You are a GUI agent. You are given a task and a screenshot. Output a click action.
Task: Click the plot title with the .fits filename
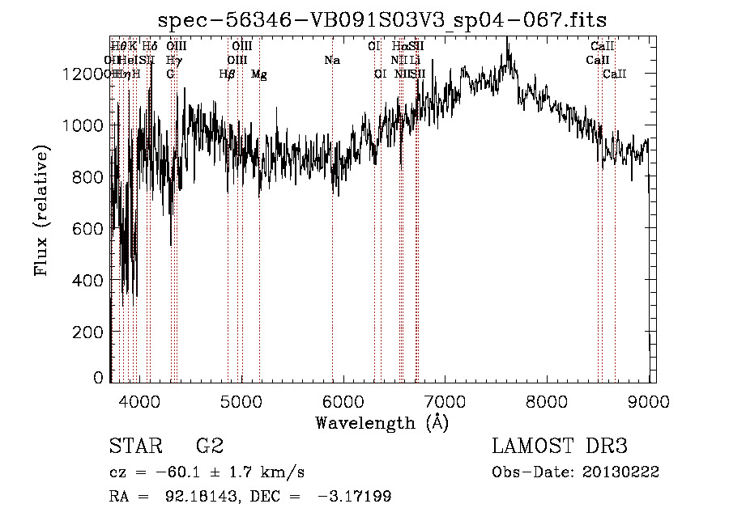pyautogui.click(x=382, y=19)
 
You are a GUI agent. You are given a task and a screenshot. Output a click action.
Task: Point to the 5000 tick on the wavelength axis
pyautogui.click(x=242, y=400)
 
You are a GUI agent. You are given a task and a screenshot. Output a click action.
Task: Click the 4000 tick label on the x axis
pyautogui.click(x=140, y=400)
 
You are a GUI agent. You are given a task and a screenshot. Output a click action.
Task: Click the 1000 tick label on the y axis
pyautogui.click(x=85, y=125)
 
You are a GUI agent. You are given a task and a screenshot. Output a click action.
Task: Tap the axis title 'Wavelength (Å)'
pyautogui.click(x=382, y=422)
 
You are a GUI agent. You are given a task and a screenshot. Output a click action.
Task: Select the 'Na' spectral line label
pyautogui.click(x=331, y=60)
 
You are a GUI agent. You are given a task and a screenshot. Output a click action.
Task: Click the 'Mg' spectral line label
pyautogui.click(x=259, y=74)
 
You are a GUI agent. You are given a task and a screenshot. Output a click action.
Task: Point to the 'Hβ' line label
pyautogui.click(x=228, y=74)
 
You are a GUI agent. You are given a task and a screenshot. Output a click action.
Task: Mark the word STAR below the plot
pyautogui.click(x=134, y=447)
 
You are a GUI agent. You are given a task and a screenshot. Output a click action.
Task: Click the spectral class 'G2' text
pyautogui.click(x=210, y=447)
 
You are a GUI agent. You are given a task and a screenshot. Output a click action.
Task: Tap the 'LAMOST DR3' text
pyautogui.click(x=559, y=447)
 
